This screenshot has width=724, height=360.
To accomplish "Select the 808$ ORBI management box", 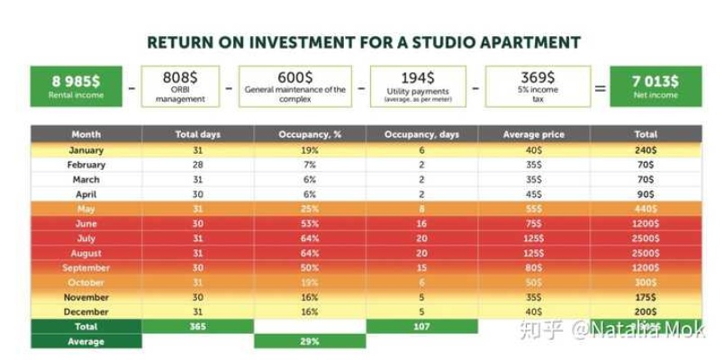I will tap(180, 86).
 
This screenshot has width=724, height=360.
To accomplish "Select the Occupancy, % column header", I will tap(310, 134).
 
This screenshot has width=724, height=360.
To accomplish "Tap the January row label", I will tap(86, 150).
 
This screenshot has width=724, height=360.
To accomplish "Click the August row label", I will tap(86, 254).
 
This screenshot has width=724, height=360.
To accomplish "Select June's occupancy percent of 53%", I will tap(310, 224).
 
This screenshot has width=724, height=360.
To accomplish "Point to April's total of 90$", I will tap(644, 194).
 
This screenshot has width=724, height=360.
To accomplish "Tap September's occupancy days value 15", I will tap(423, 268).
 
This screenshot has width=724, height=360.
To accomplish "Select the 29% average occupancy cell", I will tap(310, 342).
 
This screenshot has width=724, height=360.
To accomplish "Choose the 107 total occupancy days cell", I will tap(423, 327).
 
